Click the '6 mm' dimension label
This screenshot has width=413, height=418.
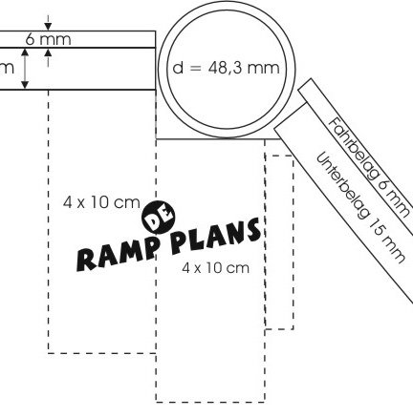48,39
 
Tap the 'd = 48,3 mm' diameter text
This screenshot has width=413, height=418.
227,68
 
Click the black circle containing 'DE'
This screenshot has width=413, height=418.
159,218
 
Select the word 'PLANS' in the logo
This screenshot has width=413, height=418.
216,236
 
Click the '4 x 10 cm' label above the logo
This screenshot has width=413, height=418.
101,202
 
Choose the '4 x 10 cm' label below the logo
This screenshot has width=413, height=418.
216,268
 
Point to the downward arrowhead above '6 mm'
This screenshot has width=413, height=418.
48,27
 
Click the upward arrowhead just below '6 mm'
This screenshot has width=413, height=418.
48,52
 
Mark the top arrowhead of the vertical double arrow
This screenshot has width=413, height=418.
25,52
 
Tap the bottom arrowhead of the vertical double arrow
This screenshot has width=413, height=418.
25,85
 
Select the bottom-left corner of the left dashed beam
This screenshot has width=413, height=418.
48,353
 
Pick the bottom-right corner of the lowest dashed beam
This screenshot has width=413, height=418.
265,402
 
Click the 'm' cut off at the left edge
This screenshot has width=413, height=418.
7,69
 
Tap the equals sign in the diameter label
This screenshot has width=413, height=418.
196,68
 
